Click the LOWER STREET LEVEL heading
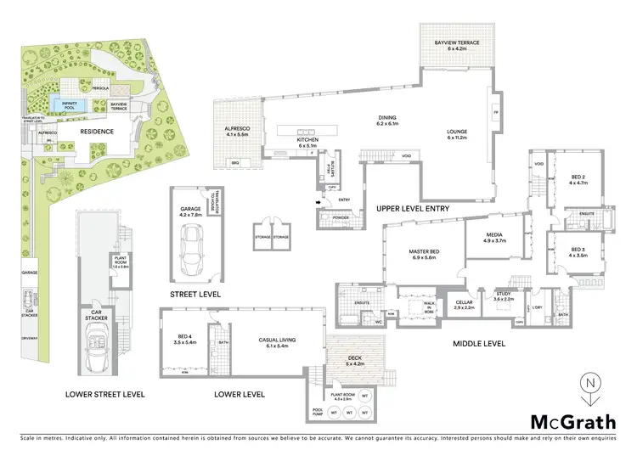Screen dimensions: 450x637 pyautogui.click(x=104, y=394)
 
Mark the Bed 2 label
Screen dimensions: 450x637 pyautogui.click(x=578, y=179)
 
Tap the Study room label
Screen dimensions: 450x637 pyautogui.click(x=505, y=296)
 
